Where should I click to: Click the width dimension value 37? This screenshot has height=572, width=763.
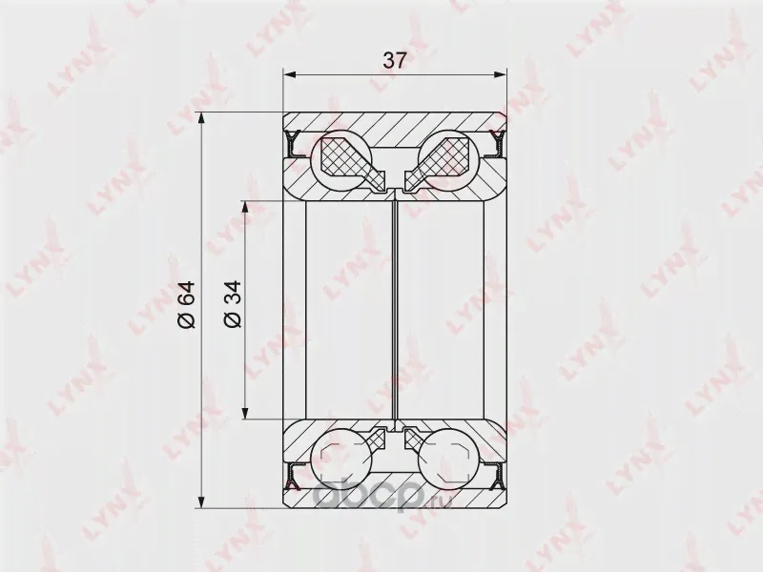(x=394, y=61)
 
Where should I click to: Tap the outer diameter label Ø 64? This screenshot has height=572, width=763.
(x=186, y=304)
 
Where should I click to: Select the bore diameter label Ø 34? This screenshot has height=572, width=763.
(x=232, y=304)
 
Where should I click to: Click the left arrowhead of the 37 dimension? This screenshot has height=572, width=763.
(x=290, y=74)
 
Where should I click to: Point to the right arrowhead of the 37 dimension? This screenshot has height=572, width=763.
(x=500, y=74)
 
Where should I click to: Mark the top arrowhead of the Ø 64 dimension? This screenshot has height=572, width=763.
(x=202, y=119)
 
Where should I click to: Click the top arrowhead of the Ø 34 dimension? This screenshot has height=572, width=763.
(x=246, y=208)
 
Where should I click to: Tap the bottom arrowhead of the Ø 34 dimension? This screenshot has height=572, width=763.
(x=246, y=412)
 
